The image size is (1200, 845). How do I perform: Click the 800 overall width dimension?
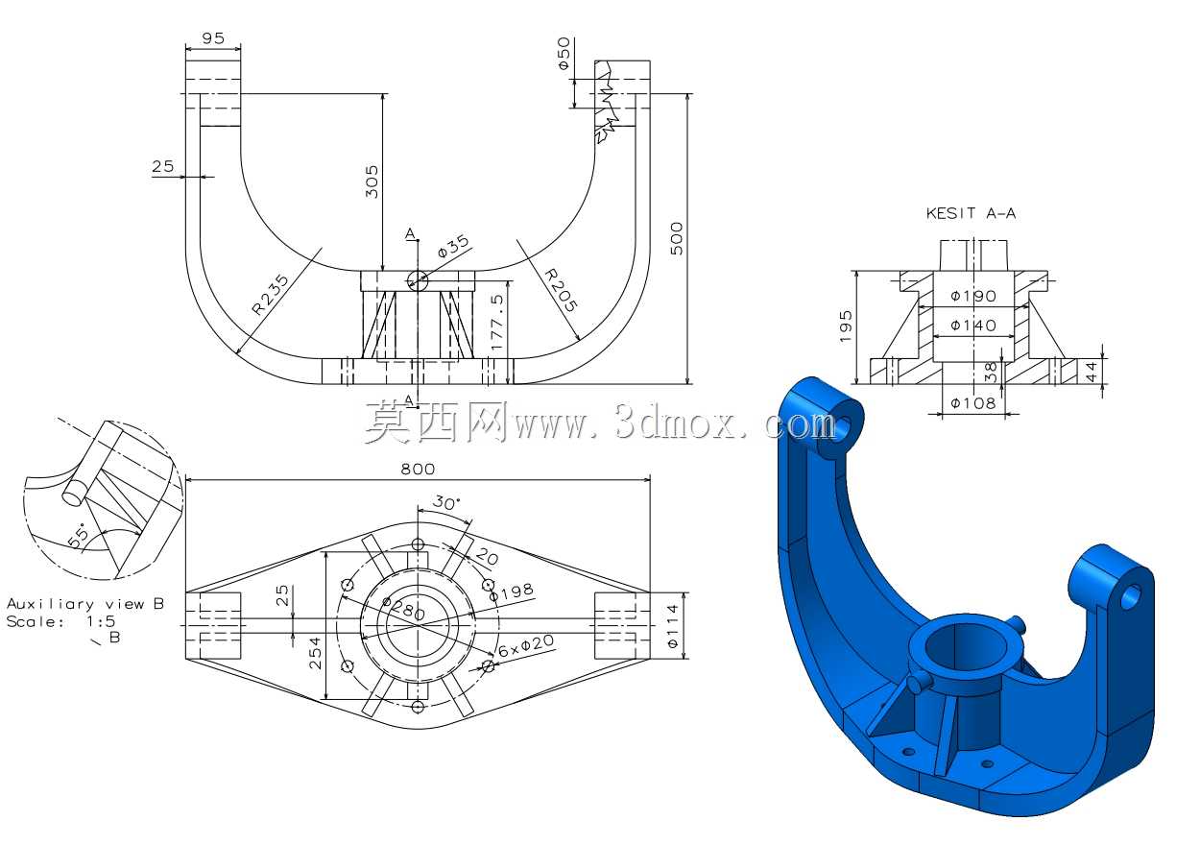click(418, 470)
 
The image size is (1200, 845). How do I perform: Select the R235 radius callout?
click(271, 294)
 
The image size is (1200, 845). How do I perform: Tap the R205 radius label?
click(561, 290)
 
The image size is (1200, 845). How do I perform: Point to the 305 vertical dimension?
click(372, 181)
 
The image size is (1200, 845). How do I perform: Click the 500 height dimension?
click(677, 238)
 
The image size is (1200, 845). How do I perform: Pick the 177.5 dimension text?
click(497, 323)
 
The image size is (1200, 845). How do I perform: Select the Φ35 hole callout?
click(453, 247)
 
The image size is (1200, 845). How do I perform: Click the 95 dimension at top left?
click(213, 38)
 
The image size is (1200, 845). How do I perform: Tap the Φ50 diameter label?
click(564, 53)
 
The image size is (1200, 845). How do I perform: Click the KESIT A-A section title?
click(971, 213)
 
